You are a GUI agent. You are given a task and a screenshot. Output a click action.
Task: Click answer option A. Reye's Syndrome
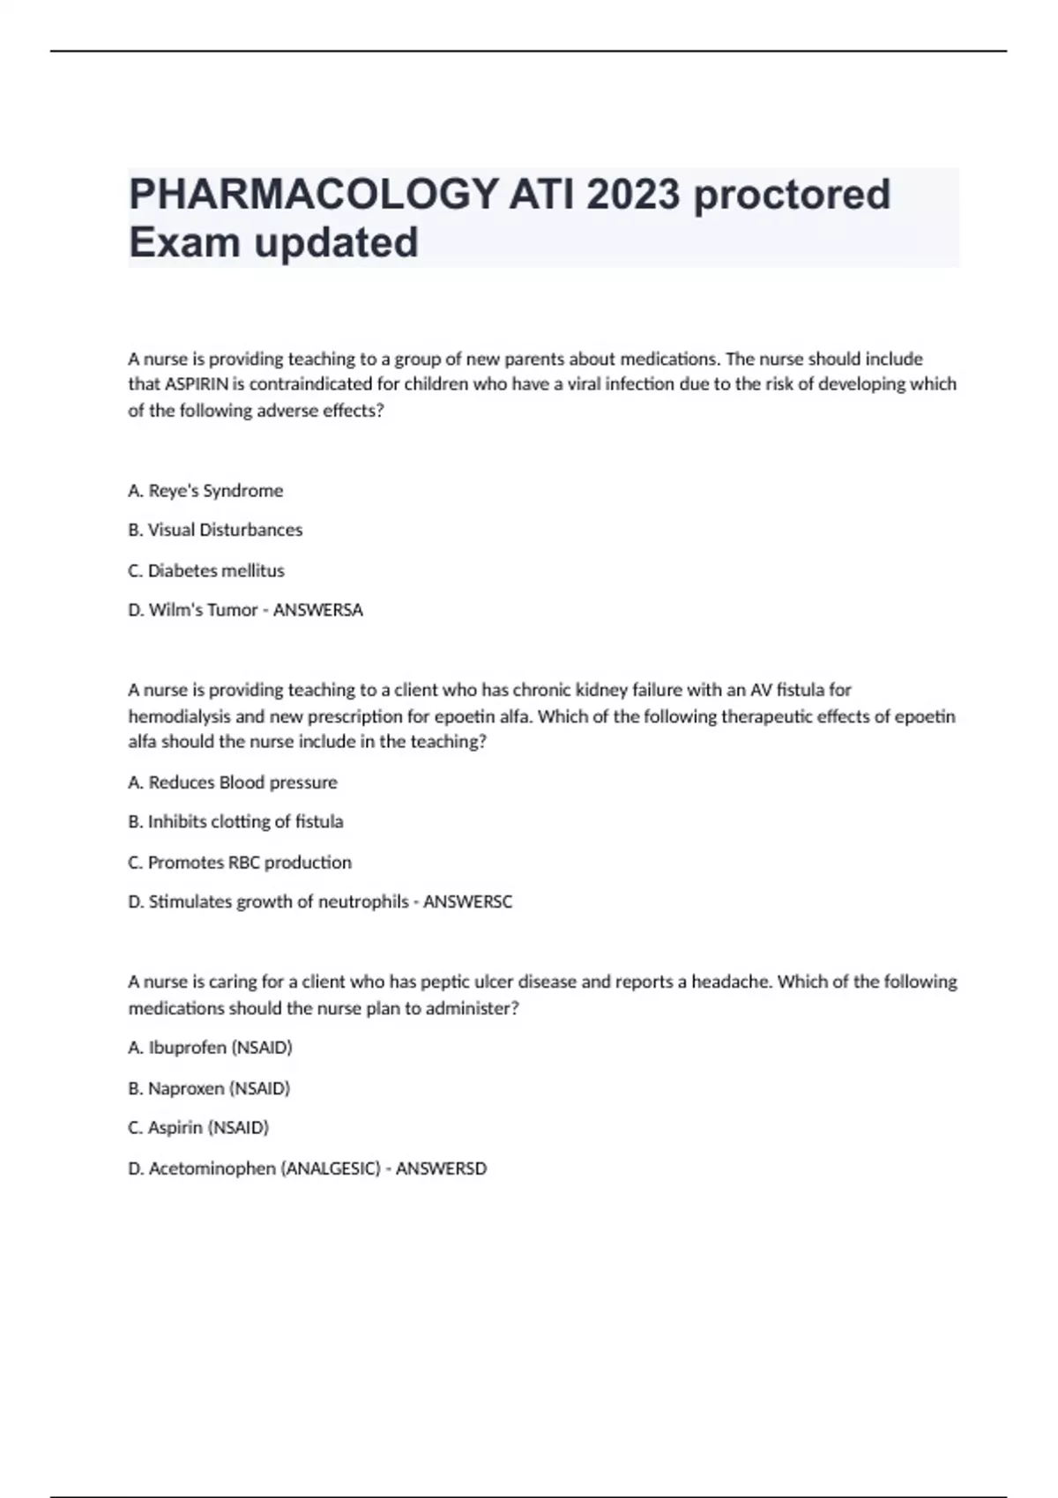point(205,491)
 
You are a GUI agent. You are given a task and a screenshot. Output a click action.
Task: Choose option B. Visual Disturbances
point(215,530)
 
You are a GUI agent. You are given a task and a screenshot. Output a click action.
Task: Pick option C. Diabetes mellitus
point(206,571)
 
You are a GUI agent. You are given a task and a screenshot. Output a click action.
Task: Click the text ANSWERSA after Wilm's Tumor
point(318,610)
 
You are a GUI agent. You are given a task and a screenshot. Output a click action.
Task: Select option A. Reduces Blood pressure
point(233,782)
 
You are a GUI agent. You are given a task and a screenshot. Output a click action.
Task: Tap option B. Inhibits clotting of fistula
point(235,822)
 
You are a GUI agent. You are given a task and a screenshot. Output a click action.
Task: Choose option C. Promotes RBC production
point(240,863)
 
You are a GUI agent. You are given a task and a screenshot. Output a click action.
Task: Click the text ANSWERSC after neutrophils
point(467,902)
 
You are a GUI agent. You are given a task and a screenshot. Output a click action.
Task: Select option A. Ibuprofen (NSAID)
point(210,1048)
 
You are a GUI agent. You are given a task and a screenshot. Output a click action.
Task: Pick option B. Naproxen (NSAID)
point(209,1088)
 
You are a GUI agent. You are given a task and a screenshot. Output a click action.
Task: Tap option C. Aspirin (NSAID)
point(198,1128)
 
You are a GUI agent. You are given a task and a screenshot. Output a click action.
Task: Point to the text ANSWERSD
point(441,1168)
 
